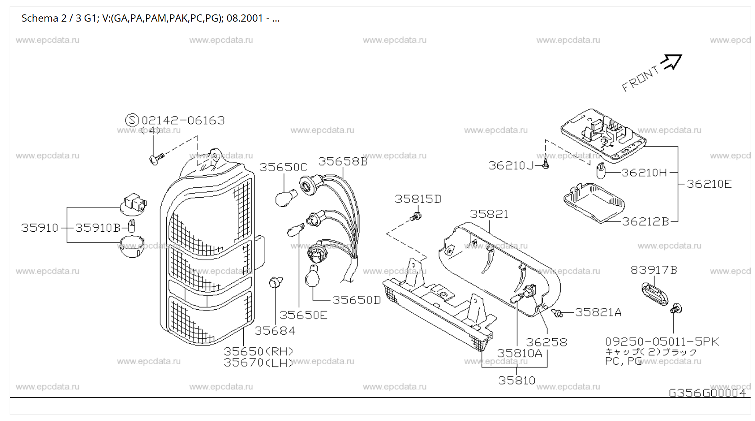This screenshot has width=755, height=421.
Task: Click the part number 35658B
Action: coord(343,161)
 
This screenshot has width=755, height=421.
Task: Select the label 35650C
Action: coord(283,167)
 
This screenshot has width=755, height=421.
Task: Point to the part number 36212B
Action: coord(645,222)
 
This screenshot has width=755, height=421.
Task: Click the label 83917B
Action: coord(654,271)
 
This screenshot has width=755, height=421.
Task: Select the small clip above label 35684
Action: coord(275,282)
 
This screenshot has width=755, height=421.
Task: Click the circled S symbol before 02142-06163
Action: coord(132,120)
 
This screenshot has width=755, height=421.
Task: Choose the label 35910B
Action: coord(98,228)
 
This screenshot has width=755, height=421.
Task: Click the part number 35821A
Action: coord(598,312)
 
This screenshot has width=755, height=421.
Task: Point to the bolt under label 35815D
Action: coord(416,217)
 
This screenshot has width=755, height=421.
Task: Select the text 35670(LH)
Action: coord(258,363)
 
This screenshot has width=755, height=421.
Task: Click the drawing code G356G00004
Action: coord(707,393)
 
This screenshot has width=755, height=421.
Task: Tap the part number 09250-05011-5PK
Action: coord(662,342)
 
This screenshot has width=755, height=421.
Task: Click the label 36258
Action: coord(546,342)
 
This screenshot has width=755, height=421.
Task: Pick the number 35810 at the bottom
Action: coord(517,380)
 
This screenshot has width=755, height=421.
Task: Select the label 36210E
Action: coord(709,184)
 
